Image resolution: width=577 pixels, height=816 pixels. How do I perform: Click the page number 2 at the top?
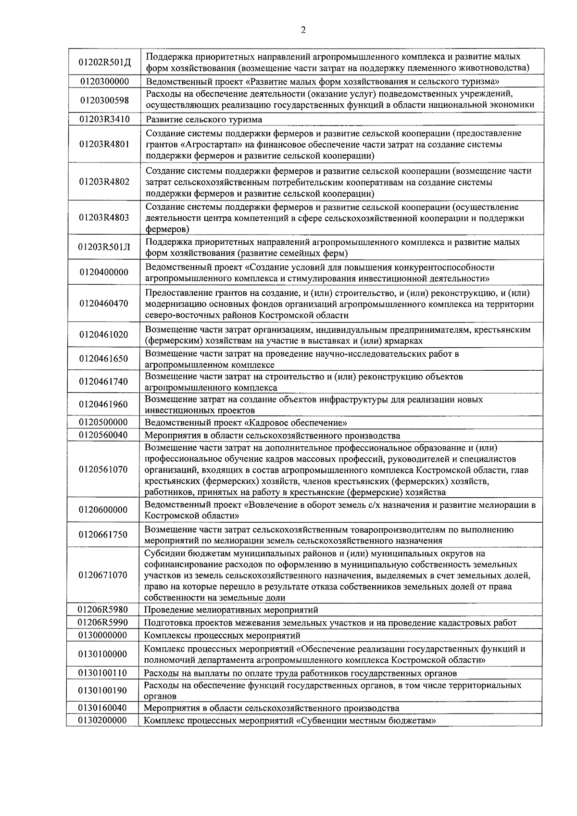303,30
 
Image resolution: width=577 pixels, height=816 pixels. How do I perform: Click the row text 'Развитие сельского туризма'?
204,120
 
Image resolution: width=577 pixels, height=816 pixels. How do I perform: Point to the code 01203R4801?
104,144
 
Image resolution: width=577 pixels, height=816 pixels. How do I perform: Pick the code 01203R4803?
104,217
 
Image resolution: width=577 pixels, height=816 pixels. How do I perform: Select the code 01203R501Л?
104,248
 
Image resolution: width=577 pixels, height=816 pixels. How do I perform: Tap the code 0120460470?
104,303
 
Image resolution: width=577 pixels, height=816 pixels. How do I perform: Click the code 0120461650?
104,359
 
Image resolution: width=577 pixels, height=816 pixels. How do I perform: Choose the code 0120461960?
104,404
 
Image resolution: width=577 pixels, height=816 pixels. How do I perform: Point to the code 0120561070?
104,469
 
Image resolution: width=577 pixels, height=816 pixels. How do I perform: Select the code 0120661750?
104,535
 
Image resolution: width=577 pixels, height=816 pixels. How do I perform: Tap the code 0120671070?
104,575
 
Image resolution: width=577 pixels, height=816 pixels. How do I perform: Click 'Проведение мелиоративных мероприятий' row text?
231,610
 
